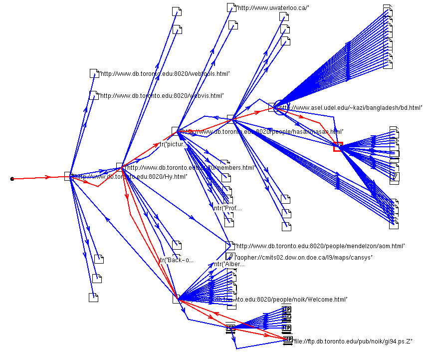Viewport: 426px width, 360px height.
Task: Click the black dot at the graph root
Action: [x=12, y=178]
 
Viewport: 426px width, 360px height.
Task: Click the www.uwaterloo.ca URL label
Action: [x=273, y=7]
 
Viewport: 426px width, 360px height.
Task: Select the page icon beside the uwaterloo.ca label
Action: [x=231, y=7]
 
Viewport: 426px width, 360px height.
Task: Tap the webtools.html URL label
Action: [x=165, y=74]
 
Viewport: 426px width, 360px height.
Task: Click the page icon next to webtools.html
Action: [x=94, y=73]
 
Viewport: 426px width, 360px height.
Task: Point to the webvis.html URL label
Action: [x=162, y=95]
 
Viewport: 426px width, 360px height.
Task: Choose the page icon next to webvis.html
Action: [x=94, y=95]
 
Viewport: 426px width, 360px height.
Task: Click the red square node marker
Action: [x=338, y=146]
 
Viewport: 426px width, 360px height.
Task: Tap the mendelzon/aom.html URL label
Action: [x=320, y=246]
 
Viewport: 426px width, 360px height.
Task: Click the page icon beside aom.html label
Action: [x=229, y=246]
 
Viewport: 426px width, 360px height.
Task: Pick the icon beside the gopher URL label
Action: [x=229, y=257]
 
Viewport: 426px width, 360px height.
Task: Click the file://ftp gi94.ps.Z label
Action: [x=353, y=341]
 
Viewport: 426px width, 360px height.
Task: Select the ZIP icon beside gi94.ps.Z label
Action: [x=287, y=340]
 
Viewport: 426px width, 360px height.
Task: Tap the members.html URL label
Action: [x=190, y=168]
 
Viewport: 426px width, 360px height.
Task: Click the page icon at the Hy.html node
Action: [x=68, y=176]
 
